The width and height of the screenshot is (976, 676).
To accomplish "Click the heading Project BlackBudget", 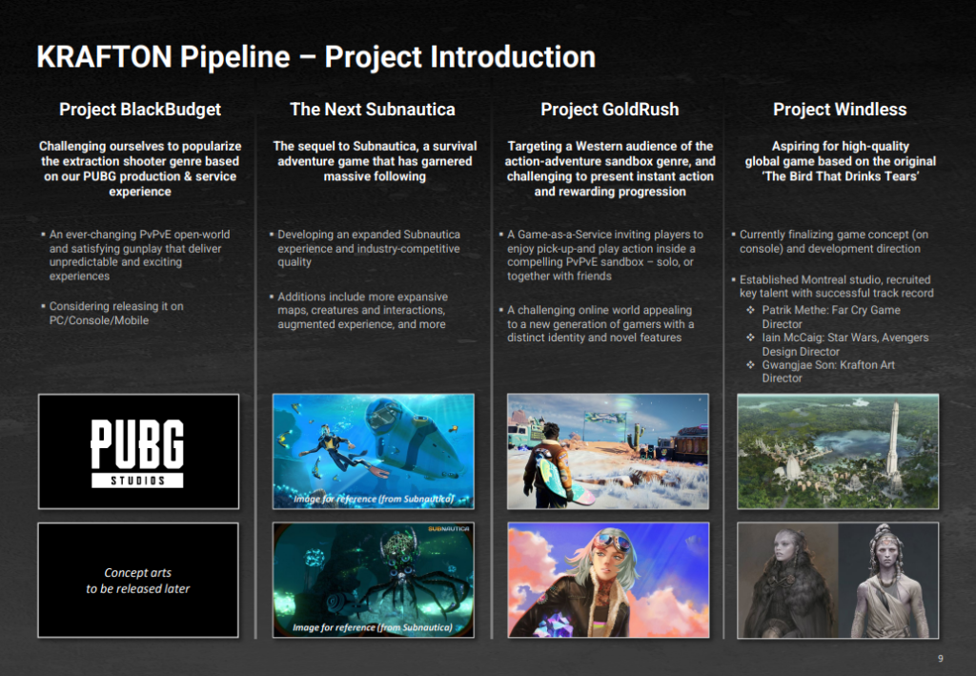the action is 140,110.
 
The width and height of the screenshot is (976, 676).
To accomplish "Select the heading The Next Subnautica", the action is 373,110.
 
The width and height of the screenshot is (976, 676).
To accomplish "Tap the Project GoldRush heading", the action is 609,110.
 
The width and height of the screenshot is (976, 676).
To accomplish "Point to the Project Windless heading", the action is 840,110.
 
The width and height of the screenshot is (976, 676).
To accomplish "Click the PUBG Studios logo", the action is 137,453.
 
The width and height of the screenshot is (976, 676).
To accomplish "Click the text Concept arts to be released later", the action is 137,580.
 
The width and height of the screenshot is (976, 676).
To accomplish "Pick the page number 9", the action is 941,658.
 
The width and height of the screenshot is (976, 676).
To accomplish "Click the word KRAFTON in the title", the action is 104,56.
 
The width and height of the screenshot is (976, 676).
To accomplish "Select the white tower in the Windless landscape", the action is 893,436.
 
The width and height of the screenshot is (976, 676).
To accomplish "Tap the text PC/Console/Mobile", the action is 99,320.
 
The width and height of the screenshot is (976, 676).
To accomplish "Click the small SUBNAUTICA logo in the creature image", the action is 448,529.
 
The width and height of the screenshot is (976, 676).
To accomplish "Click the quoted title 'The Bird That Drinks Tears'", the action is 841,176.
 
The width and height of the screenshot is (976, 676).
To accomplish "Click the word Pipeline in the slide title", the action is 235,56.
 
